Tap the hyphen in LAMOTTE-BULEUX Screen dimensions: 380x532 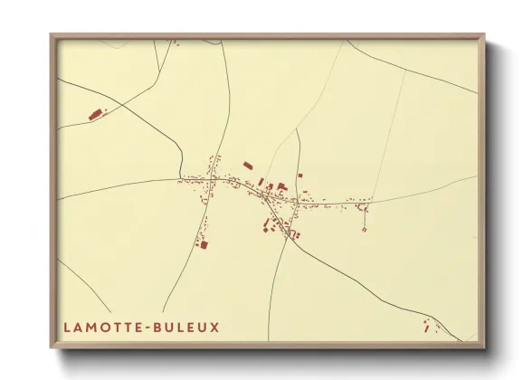coord(150,326)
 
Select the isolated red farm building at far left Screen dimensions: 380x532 coord(94,114)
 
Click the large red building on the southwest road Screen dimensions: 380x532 coord(204,243)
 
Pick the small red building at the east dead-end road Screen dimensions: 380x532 coord(364,229)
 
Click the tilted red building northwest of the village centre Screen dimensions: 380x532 coord(248,166)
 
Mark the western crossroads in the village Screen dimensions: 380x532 coord(211,180)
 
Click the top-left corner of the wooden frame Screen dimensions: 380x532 coord(52,36)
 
